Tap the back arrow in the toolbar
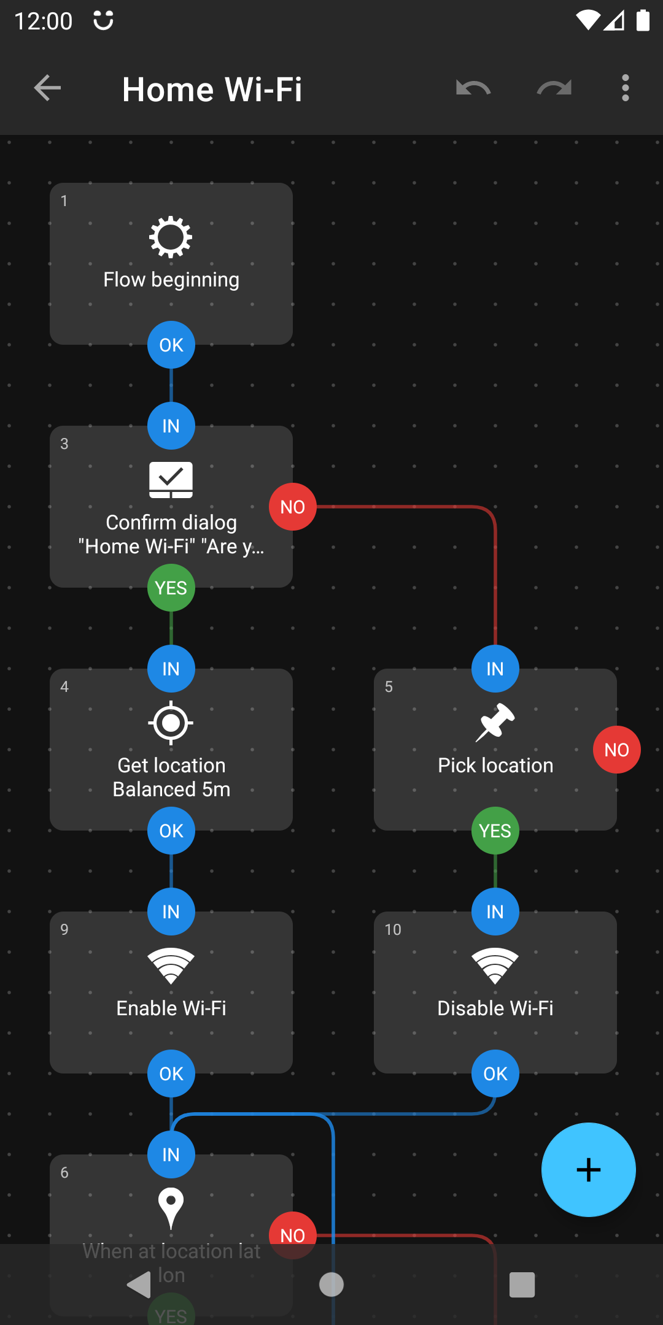click(47, 88)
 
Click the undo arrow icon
click(473, 88)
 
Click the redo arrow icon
click(554, 88)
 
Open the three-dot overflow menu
click(625, 88)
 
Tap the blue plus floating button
click(588, 1169)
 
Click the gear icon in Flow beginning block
click(171, 237)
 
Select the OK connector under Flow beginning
click(171, 345)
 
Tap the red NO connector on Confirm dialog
click(293, 507)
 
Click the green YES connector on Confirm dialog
click(171, 588)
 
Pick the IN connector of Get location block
click(171, 669)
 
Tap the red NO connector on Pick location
click(616, 750)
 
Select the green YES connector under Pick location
click(495, 831)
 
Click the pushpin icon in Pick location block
click(495, 722)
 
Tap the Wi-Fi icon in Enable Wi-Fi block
click(171, 966)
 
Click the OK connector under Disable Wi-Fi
click(495, 1073)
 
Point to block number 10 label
click(393, 929)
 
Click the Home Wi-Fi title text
click(212, 90)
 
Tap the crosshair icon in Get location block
click(171, 723)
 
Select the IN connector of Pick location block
click(495, 669)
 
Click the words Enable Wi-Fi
click(171, 1008)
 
